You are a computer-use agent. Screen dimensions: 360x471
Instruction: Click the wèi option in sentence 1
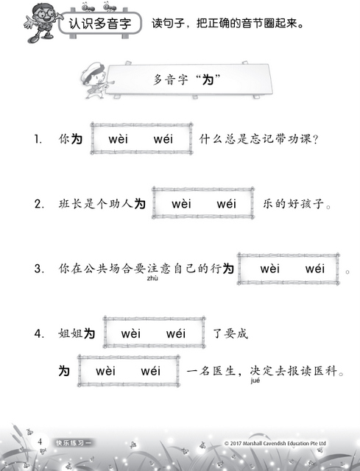click(x=118, y=139)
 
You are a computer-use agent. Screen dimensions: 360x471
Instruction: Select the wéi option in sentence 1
click(x=163, y=139)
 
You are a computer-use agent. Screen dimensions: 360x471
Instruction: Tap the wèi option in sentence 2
click(x=181, y=204)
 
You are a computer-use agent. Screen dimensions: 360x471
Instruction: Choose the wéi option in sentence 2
click(x=226, y=204)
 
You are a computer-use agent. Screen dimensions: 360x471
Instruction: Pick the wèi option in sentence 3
click(x=270, y=269)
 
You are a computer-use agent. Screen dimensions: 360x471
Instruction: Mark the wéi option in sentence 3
click(x=315, y=269)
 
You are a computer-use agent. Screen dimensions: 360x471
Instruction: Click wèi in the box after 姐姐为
click(x=131, y=333)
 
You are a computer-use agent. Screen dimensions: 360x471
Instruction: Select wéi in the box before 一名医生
click(x=150, y=371)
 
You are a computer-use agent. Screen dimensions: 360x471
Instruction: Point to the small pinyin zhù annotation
click(x=152, y=278)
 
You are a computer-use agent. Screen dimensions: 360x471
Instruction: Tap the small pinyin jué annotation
click(x=255, y=380)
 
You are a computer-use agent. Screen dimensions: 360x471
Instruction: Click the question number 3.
click(x=39, y=269)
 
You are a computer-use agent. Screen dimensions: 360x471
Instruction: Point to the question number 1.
click(x=38, y=139)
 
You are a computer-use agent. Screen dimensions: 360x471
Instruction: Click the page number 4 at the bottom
click(x=40, y=442)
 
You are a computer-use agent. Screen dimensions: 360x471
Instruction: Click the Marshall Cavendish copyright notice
click(x=275, y=443)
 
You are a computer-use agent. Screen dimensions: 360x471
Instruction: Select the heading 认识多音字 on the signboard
click(x=100, y=24)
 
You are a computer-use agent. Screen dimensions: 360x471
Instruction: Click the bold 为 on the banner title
click(x=208, y=80)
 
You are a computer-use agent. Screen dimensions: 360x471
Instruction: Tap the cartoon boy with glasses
click(x=41, y=23)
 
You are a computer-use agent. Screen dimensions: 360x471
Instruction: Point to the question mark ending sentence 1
click(x=315, y=140)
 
